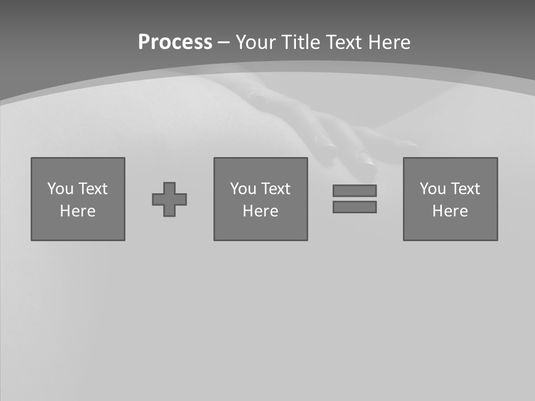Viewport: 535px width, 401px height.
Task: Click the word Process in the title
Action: tap(175, 42)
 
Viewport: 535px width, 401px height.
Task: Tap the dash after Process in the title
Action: tap(223, 42)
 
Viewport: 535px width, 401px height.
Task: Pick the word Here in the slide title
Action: tap(390, 42)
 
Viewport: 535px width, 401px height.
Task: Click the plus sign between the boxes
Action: tap(169, 199)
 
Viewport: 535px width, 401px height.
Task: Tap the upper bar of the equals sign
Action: tap(354, 190)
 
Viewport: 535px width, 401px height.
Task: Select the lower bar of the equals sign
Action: tap(354, 207)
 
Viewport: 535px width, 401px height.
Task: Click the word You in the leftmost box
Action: tap(60, 189)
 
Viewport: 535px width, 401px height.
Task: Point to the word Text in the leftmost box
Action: tap(92, 189)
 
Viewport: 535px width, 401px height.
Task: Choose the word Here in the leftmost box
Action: tap(77, 211)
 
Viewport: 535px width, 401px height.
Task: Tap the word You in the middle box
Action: tap(243, 189)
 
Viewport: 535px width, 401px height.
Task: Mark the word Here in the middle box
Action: tap(260, 211)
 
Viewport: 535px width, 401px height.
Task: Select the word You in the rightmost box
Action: tap(432, 189)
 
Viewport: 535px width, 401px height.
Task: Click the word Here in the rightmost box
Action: tap(450, 211)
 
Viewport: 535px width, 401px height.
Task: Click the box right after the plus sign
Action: tap(260, 228)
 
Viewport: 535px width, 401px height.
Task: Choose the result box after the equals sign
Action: tap(450, 228)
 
